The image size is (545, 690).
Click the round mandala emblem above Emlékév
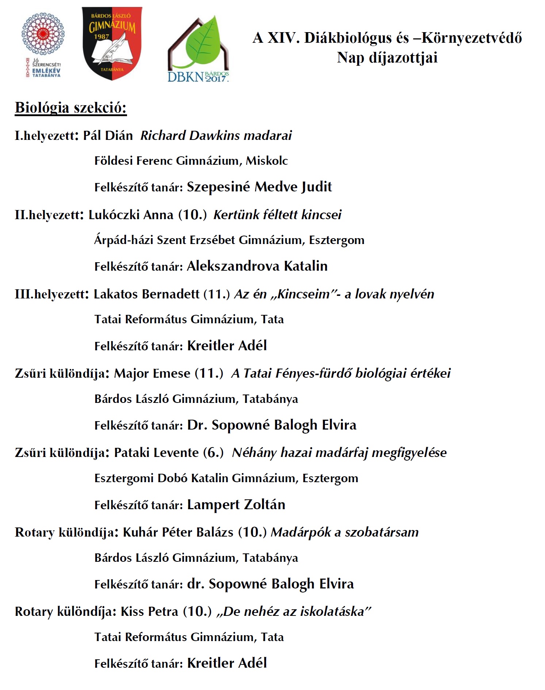43,35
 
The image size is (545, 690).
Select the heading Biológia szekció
71,108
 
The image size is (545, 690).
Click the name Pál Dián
108,136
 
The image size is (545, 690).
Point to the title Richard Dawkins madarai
216,136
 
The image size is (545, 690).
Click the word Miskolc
267,161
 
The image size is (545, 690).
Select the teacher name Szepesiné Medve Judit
259,187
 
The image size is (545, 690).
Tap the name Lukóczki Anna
131,215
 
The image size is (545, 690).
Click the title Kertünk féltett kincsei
277,215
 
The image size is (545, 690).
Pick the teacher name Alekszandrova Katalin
257,266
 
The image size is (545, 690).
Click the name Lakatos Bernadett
146,294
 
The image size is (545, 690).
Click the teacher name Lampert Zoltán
236,505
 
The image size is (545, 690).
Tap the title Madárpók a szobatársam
345,532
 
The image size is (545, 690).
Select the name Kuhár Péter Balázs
178,532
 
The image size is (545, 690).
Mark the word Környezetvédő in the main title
472,38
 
